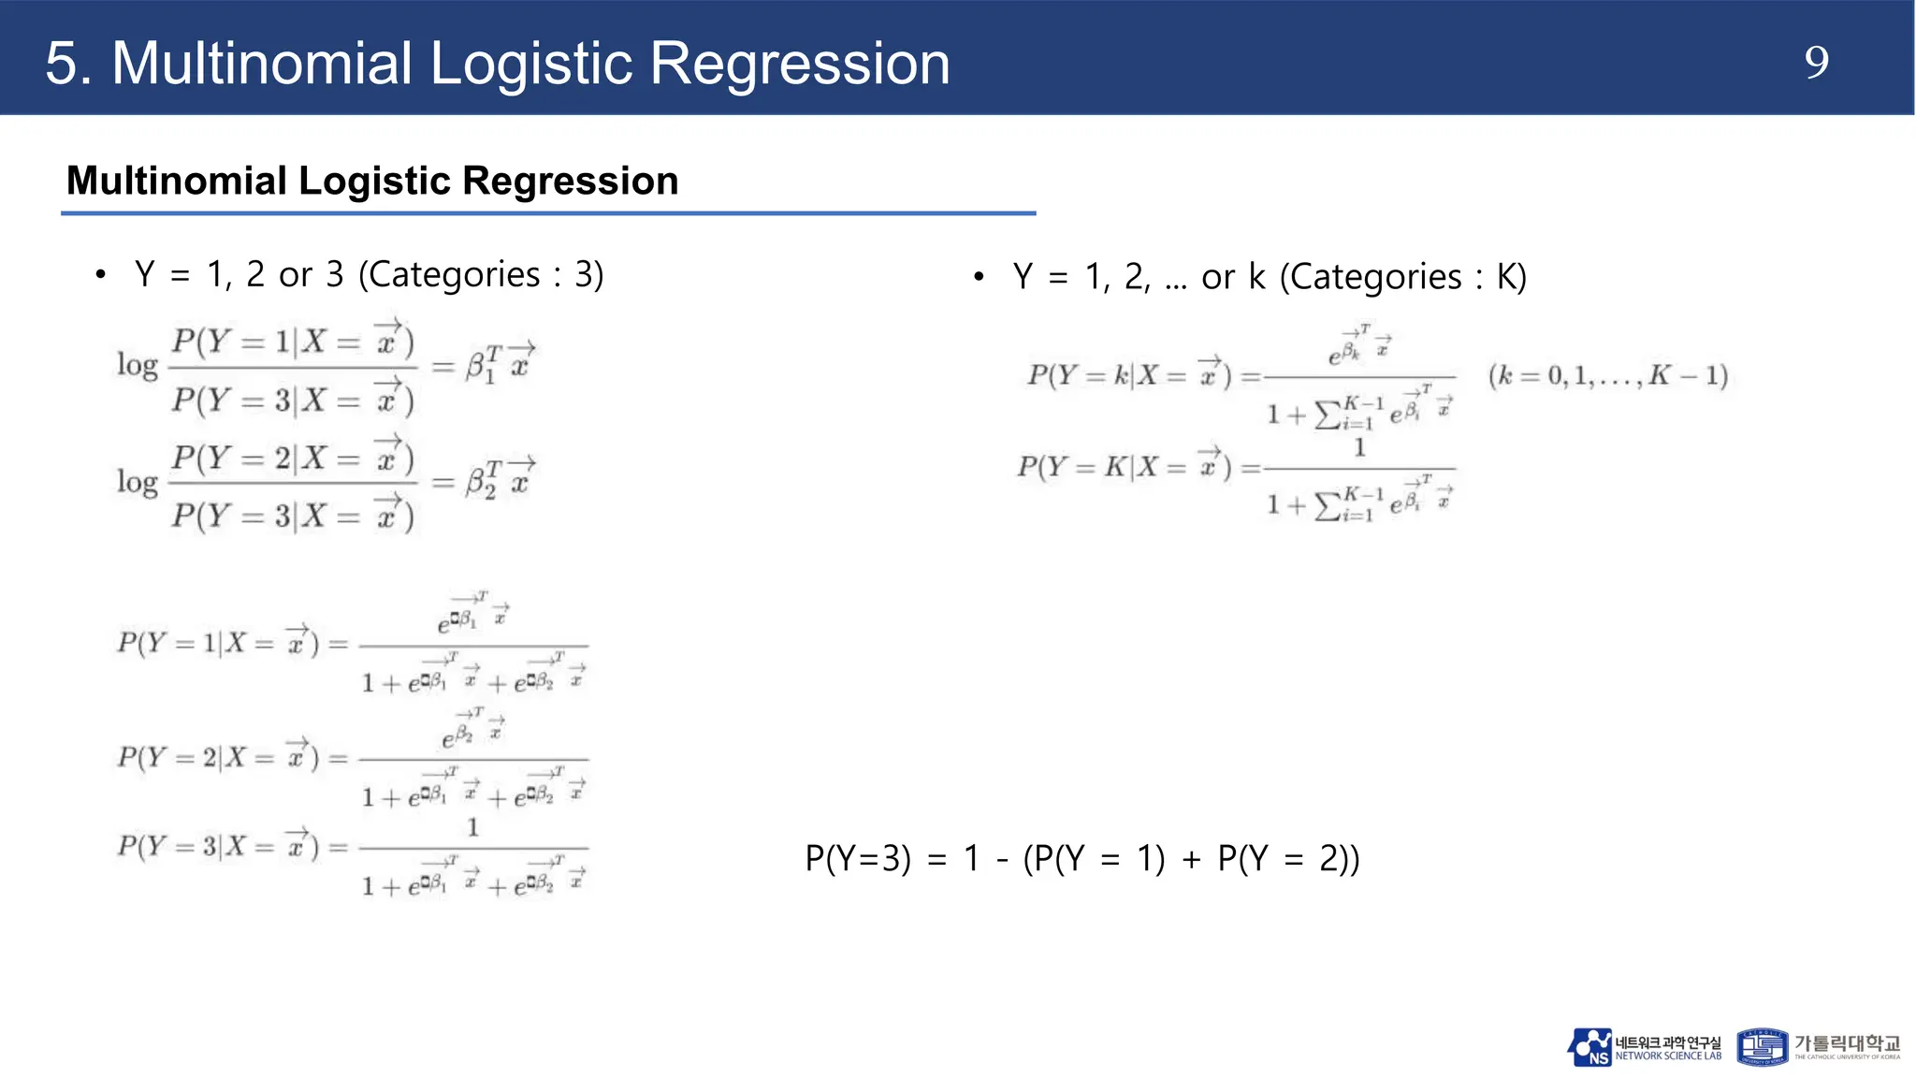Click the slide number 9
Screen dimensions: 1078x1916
(1816, 63)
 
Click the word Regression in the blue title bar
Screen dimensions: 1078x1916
(799, 64)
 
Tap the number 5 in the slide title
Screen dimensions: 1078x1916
(62, 64)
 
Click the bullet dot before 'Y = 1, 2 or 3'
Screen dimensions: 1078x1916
(100, 275)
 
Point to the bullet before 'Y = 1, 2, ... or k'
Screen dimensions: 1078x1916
(979, 277)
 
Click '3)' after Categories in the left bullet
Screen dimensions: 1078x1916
(588, 275)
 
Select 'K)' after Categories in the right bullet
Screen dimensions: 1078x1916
(1511, 277)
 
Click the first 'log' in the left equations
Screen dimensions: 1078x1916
(137, 365)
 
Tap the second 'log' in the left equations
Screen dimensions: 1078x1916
(137, 482)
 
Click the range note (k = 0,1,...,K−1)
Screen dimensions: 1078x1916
(1607, 376)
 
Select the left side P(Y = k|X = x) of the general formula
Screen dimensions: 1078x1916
(1128, 375)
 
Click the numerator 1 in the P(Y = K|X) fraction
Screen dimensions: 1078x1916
(1359, 448)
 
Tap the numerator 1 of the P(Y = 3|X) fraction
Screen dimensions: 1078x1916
(472, 827)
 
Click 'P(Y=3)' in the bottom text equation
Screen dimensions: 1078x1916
(858, 858)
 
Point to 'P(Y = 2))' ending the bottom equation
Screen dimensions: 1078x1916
(1288, 858)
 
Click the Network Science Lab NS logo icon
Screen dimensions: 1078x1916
(1589, 1047)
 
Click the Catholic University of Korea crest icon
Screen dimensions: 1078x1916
(1762, 1047)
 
